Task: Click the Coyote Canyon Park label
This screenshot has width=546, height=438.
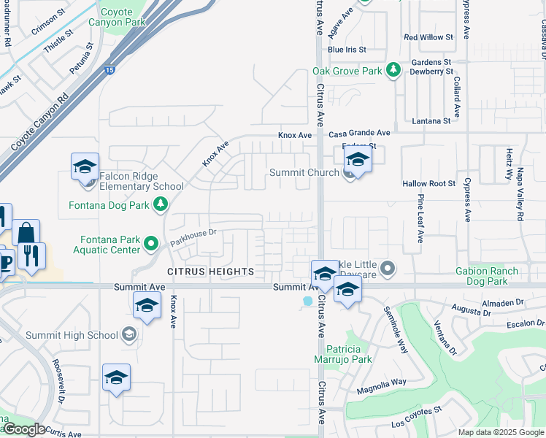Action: (x=111, y=17)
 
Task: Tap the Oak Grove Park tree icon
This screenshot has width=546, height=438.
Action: (x=393, y=70)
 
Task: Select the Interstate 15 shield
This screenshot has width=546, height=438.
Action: (x=109, y=71)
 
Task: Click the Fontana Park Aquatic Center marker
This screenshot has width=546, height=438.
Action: (x=151, y=242)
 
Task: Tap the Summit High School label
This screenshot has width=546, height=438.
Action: (x=72, y=336)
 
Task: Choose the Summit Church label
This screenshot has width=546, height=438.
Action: (x=304, y=172)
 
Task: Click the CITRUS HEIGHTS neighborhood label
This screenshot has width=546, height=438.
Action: (x=211, y=272)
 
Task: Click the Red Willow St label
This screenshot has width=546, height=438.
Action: (x=428, y=37)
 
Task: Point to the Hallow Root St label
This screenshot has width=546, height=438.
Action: (x=428, y=184)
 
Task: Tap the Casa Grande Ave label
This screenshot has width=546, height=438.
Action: (x=359, y=134)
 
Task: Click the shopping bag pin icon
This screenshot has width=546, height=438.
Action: (x=26, y=233)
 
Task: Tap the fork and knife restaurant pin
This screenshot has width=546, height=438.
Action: (x=33, y=255)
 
